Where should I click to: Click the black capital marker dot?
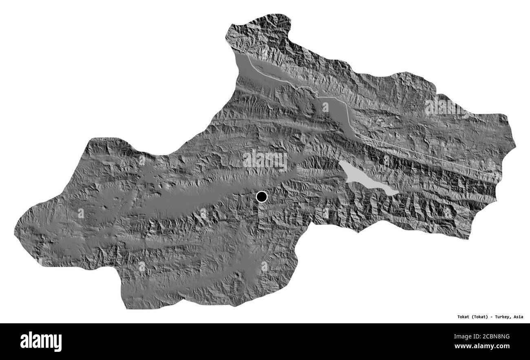pyautogui.click(x=262, y=197)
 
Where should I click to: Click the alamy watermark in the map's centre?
pyautogui.click(x=265, y=160)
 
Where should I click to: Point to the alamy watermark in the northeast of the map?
pyautogui.click(x=446, y=107)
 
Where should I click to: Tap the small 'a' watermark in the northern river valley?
pyautogui.click(x=325, y=107)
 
